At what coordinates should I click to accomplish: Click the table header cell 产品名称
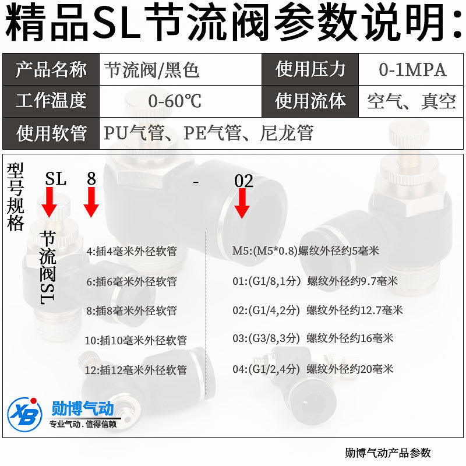[x=51, y=70]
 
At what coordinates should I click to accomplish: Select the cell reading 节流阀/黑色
[x=152, y=70]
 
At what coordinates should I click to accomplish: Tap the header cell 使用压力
[x=310, y=70]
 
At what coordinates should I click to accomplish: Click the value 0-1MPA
[x=412, y=70]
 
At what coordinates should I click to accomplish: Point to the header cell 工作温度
[x=51, y=101]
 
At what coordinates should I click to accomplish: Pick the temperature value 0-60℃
[x=175, y=101]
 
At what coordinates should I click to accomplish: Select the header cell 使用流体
[x=310, y=101]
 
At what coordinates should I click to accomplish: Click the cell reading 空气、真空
[x=411, y=101]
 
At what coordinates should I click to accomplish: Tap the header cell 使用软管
[x=51, y=133]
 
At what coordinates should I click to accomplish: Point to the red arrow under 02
[x=242, y=204]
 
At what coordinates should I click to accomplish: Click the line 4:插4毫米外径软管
[x=132, y=251]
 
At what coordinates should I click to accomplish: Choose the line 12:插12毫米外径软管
[x=135, y=370]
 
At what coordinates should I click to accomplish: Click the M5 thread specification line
[x=306, y=251]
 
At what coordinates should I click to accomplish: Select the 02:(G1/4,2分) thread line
[x=317, y=310]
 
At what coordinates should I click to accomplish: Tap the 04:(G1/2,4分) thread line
[x=313, y=369]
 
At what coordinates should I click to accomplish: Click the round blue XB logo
[x=24, y=414]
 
